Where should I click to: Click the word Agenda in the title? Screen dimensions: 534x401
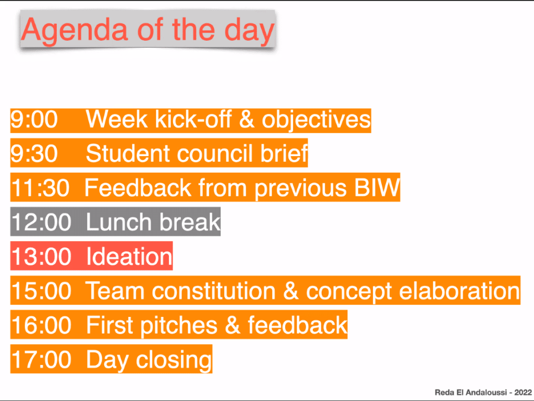pos(75,31)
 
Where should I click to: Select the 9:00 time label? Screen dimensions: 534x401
pos(34,120)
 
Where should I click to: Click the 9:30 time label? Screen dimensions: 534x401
pos(34,154)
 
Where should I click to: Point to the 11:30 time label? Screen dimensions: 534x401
pos(40,188)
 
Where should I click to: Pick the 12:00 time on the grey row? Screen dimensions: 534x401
pos(41,222)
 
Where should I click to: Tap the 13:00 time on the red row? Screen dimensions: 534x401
pos(41,256)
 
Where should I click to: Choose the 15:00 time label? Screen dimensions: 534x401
pos(41,291)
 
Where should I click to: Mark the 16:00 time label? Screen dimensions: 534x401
pos(41,325)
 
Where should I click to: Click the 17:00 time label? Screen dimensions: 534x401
pos(41,359)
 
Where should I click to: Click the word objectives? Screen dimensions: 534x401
pos(316,121)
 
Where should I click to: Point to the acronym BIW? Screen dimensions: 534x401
pos(377,188)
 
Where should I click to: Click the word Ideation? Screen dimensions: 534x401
pos(129,256)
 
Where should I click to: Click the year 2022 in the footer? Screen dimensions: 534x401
pos(523,393)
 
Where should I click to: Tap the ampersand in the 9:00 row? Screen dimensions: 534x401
pos(247,120)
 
